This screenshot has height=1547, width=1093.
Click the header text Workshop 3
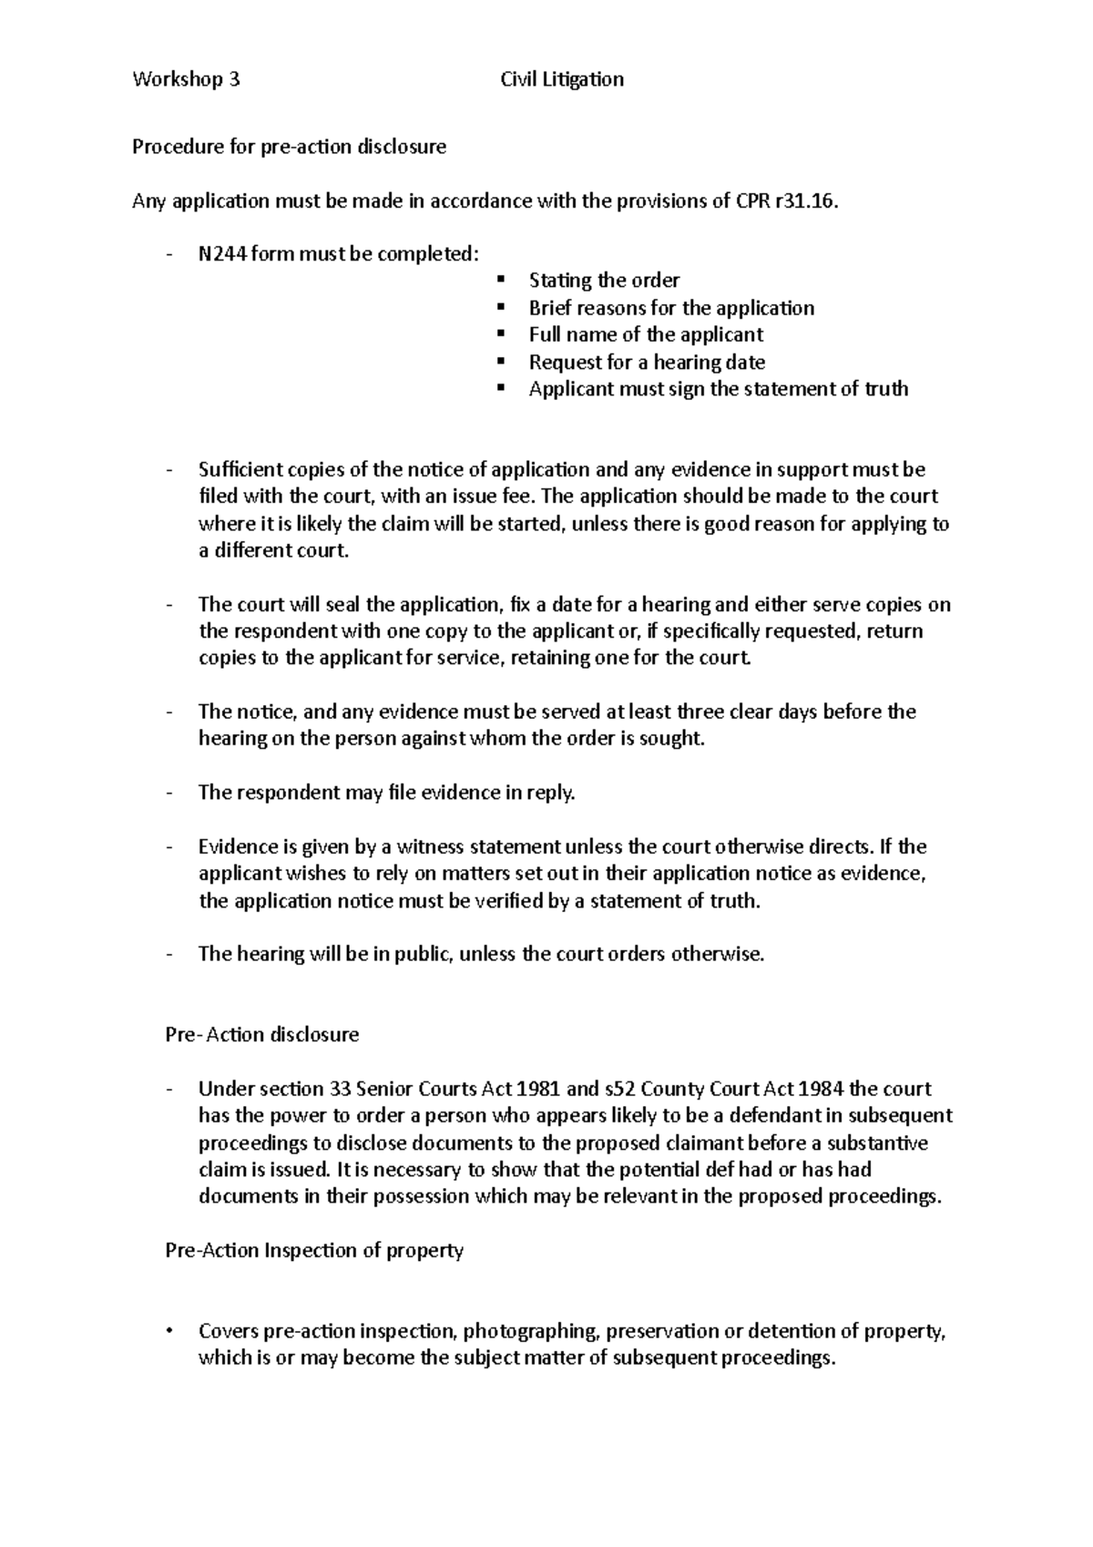click(186, 79)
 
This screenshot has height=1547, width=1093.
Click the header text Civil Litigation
click(562, 79)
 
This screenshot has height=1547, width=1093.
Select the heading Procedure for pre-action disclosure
click(289, 147)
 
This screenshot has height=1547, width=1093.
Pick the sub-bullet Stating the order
click(604, 281)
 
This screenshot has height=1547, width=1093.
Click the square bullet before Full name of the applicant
click(501, 334)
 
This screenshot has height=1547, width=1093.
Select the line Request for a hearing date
click(647, 362)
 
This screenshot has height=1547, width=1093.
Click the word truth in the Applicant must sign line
click(885, 389)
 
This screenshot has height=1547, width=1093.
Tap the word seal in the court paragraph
click(338, 604)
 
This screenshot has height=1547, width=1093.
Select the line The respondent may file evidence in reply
click(387, 793)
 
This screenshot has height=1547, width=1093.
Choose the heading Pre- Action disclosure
click(261, 1035)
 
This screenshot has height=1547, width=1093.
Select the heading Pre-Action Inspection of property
click(314, 1250)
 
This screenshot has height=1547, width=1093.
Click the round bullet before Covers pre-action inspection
click(169, 1331)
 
